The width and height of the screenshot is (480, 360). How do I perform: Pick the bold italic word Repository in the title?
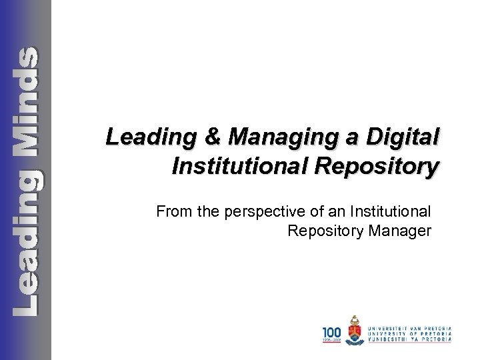click(373, 166)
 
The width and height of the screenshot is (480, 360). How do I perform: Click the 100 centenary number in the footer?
click(332, 331)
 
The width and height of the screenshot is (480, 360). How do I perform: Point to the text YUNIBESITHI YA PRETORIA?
click(413, 339)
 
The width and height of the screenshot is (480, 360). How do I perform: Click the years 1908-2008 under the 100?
click(332, 340)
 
